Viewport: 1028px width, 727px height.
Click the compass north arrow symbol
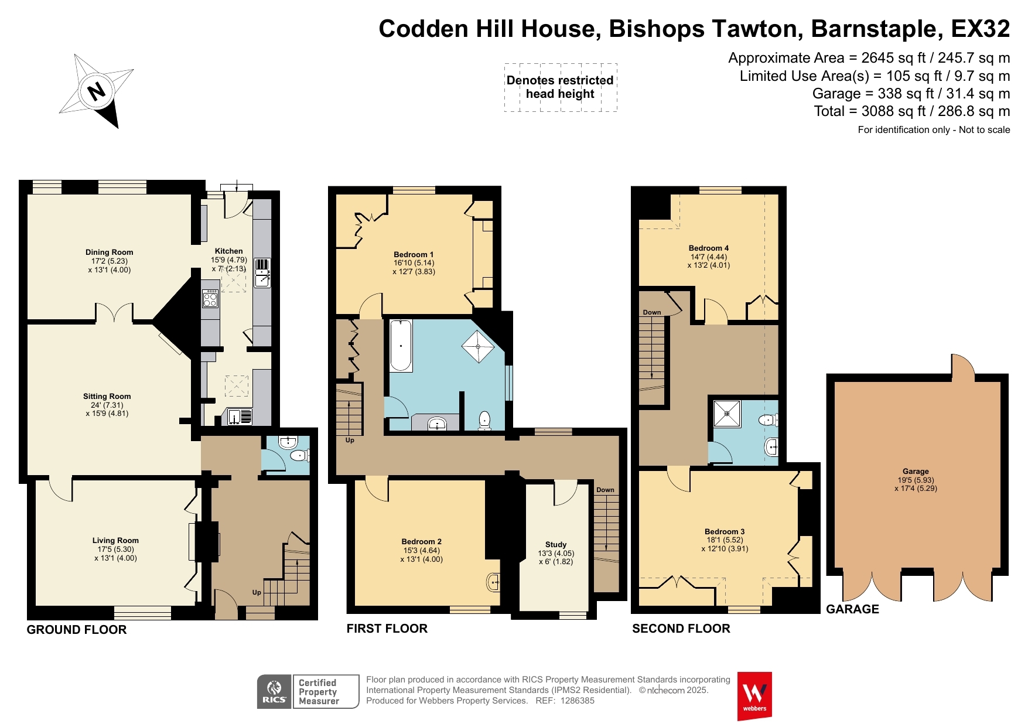point(97,91)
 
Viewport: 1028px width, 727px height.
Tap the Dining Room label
point(110,252)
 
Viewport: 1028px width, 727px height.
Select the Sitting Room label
point(107,396)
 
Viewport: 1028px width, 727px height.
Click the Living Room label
point(115,540)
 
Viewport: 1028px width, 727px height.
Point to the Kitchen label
point(228,251)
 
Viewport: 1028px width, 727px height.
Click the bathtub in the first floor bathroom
point(401,346)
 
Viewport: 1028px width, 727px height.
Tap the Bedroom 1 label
point(414,254)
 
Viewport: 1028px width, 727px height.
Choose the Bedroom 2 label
point(422,541)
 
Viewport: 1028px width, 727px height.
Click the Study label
point(556,544)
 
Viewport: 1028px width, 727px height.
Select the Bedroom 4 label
point(709,248)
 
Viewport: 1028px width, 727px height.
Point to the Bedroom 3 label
point(725,531)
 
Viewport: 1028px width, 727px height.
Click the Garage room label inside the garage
point(916,471)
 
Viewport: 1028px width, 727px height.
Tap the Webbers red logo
point(754,696)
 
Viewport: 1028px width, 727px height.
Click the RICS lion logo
point(274,691)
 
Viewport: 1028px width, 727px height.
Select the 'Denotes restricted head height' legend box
point(561,87)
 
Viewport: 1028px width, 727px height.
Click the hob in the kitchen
point(210,299)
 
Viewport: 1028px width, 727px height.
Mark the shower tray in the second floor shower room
point(728,414)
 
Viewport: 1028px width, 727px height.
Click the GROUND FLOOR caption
point(77,630)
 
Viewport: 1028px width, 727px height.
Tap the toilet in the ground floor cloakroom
point(300,455)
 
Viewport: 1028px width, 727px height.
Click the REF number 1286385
point(578,701)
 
